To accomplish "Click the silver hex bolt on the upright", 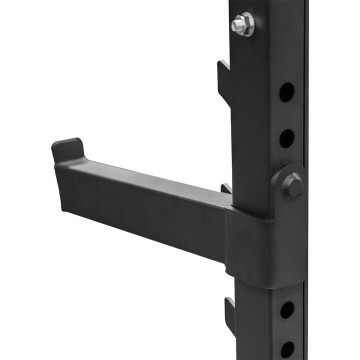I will (x=242, y=24).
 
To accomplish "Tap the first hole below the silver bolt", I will (x=286, y=92).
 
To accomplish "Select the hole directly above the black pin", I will (x=286, y=138).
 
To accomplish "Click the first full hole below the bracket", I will (x=287, y=310).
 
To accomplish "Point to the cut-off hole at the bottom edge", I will (x=287, y=350).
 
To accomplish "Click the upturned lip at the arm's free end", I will (x=68, y=149).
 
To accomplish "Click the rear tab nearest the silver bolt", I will (x=223, y=80).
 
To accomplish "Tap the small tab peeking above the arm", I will (x=226, y=188).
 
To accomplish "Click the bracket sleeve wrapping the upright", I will (x=260, y=250).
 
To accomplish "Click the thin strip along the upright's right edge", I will (x=305, y=100).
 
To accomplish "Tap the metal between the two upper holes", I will (x=286, y=115).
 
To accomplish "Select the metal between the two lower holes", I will (x=287, y=330).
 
